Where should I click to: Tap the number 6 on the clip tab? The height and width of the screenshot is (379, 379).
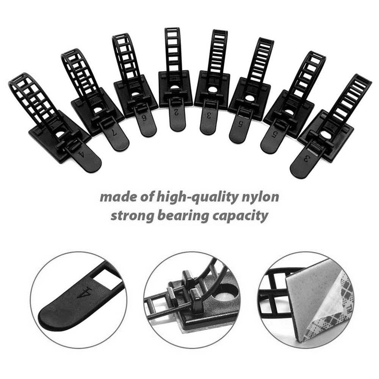(144, 118)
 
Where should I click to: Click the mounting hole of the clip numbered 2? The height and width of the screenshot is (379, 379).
(174, 88)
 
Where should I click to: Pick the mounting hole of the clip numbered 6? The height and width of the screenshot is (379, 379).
(135, 95)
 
